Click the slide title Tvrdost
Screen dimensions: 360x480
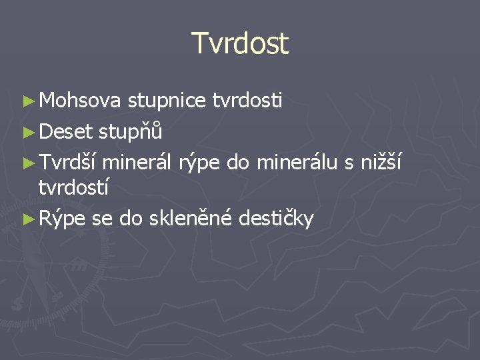(x=240, y=43)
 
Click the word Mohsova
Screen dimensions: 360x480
(x=80, y=101)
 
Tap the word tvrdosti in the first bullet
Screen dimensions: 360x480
(x=247, y=101)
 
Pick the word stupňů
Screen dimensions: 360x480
(x=131, y=132)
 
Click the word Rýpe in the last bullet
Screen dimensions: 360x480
(x=63, y=219)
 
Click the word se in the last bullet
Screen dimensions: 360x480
(x=102, y=218)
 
